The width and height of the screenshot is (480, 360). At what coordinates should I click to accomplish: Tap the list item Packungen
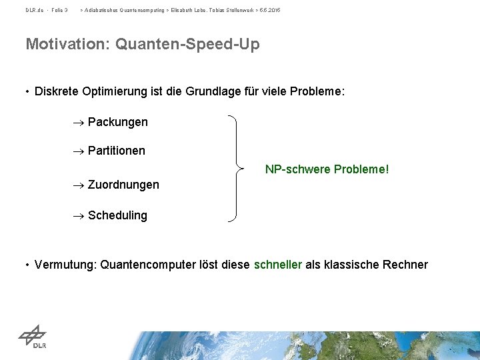click(x=117, y=122)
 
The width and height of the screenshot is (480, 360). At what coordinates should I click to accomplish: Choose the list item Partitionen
click(x=116, y=151)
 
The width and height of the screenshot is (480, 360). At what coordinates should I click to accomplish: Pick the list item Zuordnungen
click(x=123, y=185)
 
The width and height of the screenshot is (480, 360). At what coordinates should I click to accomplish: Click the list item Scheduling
click(x=117, y=215)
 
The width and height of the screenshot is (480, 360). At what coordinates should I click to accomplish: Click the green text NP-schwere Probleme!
click(x=327, y=169)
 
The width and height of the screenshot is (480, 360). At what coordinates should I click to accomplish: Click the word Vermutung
click(x=65, y=265)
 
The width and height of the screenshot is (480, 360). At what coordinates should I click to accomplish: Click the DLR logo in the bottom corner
click(x=32, y=336)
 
